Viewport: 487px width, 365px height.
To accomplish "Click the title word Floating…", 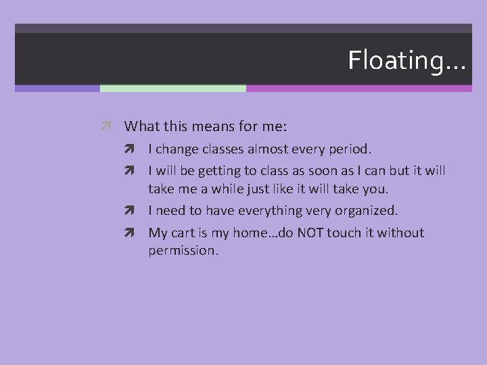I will [x=407, y=60].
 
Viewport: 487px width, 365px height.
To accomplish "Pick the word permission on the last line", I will [x=183, y=251].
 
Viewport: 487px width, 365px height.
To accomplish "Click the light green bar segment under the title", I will [x=172, y=88].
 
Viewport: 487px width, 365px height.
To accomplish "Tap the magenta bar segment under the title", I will [x=358, y=88].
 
